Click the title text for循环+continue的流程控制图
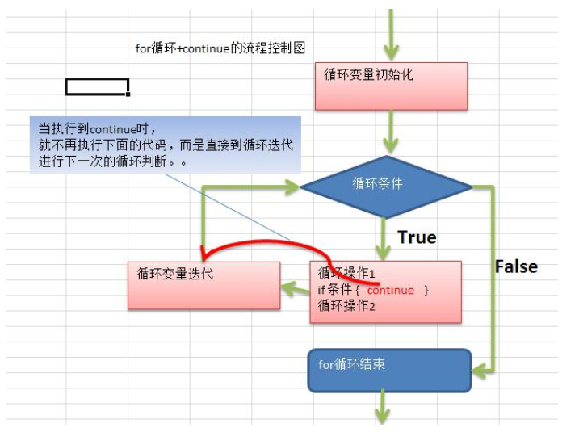point(220,48)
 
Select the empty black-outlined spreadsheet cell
point(96,86)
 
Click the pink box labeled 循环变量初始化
point(391,86)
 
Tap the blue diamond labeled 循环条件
point(385,187)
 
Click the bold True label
point(417,237)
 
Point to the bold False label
point(516,266)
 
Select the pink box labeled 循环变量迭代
point(203,284)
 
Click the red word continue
point(390,291)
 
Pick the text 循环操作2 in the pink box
point(347,305)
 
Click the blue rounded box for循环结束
point(389,370)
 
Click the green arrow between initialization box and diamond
point(391,131)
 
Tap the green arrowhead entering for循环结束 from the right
point(480,371)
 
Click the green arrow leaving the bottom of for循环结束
point(383,409)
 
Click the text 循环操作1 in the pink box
point(347,274)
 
